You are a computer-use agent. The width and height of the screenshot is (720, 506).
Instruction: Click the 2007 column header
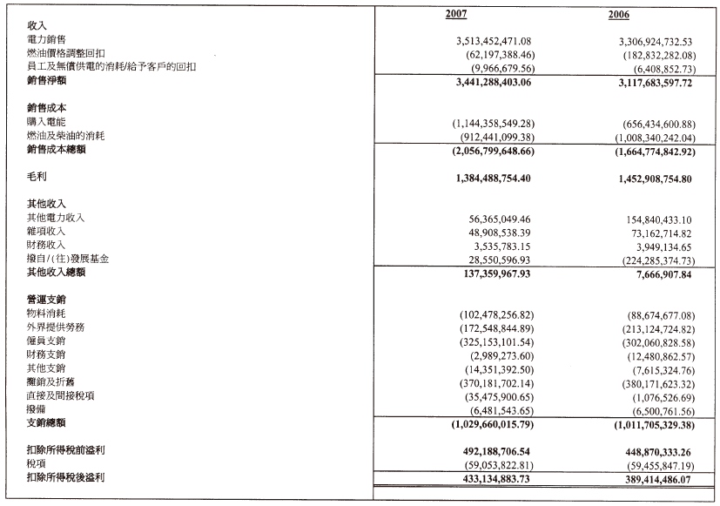(x=456, y=15)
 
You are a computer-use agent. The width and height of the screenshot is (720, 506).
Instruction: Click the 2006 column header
(x=619, y=15)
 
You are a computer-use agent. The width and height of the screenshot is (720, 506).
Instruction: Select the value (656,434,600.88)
(x=658, y=124)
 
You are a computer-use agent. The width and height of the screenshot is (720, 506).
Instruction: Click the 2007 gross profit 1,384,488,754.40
(x=494, y=178)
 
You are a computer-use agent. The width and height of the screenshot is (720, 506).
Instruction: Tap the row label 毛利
(x=37, y=177)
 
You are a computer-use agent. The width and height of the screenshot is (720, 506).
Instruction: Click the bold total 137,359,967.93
(x=500, y=273)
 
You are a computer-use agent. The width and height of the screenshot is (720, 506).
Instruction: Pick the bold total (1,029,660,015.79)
(x=493, y=423)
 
